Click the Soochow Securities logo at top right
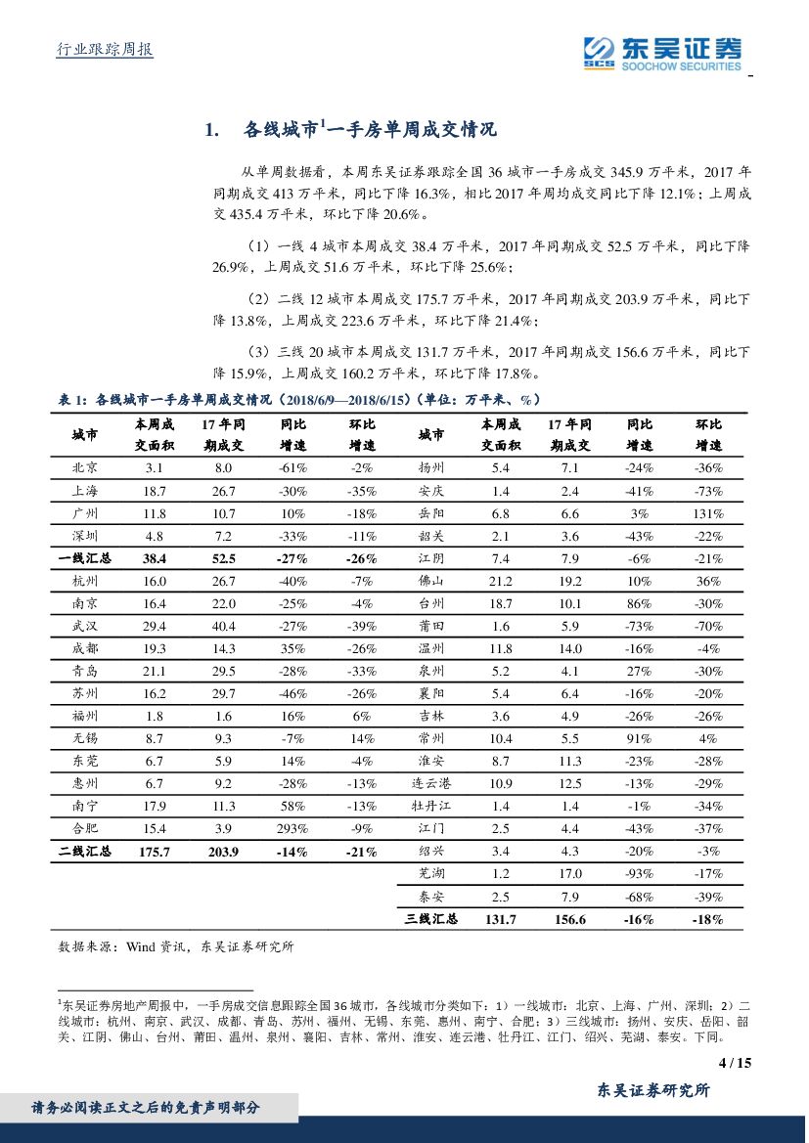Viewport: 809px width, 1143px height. click(662, 51)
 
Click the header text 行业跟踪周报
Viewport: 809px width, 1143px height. click(102, 50)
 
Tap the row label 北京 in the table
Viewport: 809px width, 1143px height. click(85, 468)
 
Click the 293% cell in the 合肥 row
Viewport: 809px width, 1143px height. click(293, 828)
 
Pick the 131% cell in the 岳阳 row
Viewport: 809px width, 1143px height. click(708, 513)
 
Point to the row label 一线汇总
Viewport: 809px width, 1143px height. click(85, 558)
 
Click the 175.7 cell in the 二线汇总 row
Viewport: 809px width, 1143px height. click(155, 852)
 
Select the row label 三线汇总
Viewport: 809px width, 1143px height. click(431, 919)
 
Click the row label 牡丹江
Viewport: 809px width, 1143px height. click(431, 806)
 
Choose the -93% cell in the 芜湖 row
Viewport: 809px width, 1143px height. click(640, 874)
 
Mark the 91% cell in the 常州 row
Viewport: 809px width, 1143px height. click(640, 738)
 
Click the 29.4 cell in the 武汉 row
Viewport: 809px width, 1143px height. click(155, 626)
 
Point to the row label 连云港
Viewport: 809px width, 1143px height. click(431, 783)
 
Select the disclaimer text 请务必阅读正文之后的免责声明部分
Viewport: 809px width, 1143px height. click(146, 1108)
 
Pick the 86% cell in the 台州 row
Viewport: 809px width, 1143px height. click(640, 603)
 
